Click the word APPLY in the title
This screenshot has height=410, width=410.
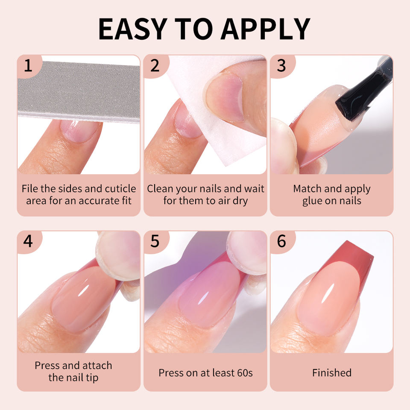click(x=266, y=29)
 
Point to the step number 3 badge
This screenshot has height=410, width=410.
click(x=282, y=66)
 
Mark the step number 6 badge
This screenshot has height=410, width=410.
click(x=282, y=242)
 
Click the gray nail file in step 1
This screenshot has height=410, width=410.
click(x=79, y=91)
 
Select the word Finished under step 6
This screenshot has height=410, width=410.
click(x=332, y=373)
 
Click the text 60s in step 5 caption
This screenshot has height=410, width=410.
click(x=244, y=373)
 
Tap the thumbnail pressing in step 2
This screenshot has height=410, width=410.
click(x=225, y=97)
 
